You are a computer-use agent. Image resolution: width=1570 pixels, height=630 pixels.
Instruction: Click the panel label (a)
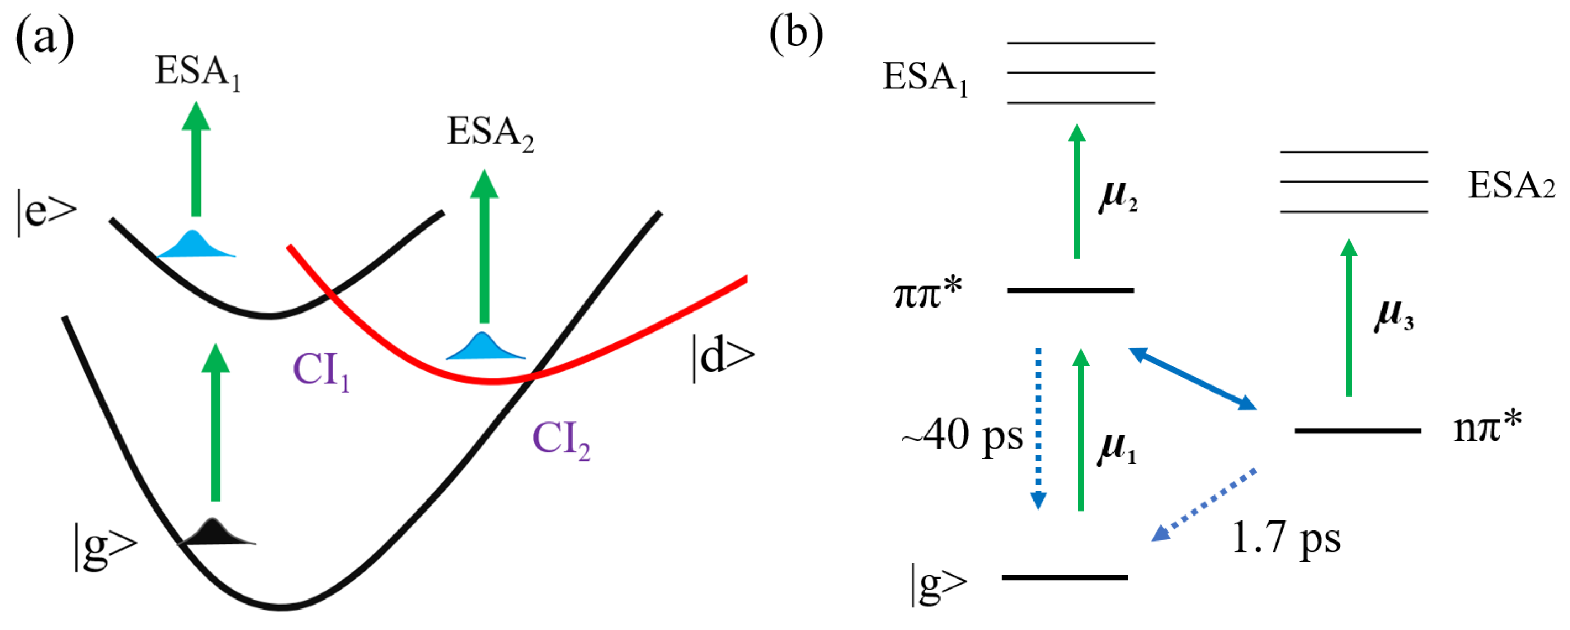coord(45,38)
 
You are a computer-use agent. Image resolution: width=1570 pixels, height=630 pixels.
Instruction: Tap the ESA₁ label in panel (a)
coord(197,72)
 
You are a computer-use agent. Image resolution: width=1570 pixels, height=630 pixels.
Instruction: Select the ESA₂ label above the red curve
coord(490,133)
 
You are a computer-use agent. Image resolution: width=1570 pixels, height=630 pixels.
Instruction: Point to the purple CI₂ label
coord(561,440)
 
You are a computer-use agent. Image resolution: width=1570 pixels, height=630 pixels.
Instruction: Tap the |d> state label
coord(723,358)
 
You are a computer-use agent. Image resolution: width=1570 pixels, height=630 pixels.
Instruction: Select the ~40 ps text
coord(962,436)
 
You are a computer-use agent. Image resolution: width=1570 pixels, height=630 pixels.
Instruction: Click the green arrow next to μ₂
coord(1077,192)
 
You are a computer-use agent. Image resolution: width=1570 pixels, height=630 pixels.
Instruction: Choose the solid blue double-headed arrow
coord(1193,379)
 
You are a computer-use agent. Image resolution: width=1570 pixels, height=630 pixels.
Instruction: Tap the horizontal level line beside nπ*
coord(1358,430)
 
